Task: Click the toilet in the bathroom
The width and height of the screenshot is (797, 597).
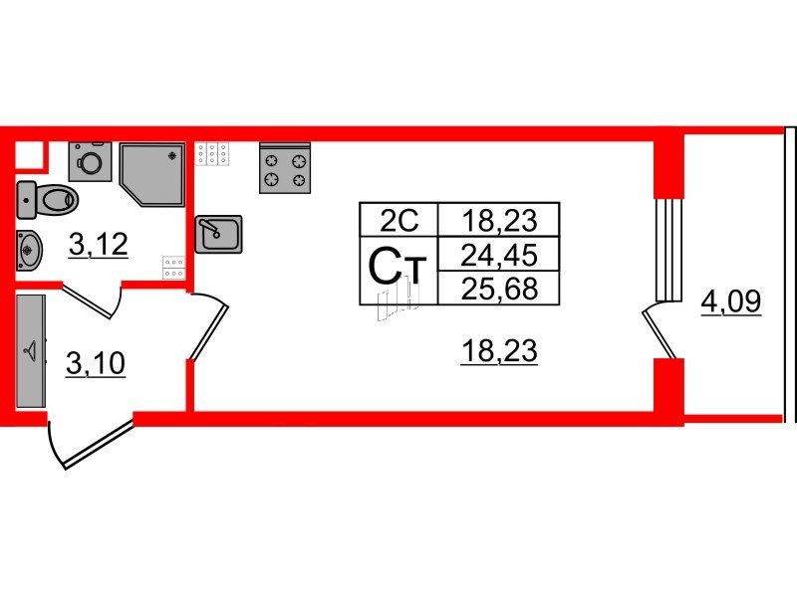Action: click(47, 200)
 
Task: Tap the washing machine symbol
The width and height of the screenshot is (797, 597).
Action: click(90, 161)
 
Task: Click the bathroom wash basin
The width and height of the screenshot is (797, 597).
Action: click(29, 250)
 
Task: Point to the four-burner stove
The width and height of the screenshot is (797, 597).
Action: click(285, 168)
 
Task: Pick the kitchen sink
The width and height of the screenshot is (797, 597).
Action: click(218, 234)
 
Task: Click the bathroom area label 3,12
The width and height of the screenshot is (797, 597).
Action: click(98, 245)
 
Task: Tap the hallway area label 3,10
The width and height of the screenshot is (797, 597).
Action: click(96, 364)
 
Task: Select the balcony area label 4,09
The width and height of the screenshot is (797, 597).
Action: click(731, 302)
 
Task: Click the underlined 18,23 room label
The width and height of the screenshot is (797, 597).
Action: click(499, 351)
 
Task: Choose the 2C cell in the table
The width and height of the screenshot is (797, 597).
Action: click(399, 220)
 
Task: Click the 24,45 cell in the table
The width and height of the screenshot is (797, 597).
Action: click(499, 255)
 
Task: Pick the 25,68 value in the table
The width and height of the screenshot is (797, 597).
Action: click(499, 288)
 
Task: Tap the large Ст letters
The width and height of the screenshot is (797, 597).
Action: click(397, 267)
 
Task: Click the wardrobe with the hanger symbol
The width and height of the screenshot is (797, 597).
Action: click(31, 351)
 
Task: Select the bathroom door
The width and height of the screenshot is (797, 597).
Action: click(92, 300)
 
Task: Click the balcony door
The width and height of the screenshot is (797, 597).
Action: click(660, 331)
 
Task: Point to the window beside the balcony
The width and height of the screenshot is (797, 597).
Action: click(668, 250)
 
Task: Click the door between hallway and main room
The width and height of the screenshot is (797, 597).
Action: click(209, 326)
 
